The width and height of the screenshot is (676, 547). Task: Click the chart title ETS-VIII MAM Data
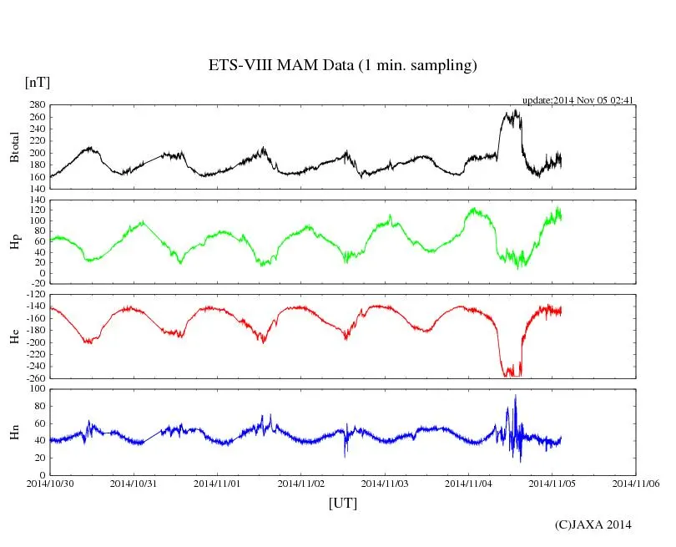click(x=342, y=66)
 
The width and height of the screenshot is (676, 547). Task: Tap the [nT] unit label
click(x=38, y=83)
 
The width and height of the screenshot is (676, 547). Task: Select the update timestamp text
click(x=578, y=100)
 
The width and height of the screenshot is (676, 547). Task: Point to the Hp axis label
click(x=14, y=242)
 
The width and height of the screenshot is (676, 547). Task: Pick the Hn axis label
click(x=14, y=432)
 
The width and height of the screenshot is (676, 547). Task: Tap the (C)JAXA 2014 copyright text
click(x=593, y=524)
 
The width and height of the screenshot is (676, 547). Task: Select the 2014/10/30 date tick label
click(x=50, y=483)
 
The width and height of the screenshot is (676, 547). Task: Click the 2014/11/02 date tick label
click(x=301, y=483)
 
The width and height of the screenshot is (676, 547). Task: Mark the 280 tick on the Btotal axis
click(x=37, y=105)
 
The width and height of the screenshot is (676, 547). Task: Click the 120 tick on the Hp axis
click(x=37, y=210)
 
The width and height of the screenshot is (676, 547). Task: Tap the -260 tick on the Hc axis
click(x=34, y=377)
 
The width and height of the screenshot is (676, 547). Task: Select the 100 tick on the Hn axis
click(x=37, y=389)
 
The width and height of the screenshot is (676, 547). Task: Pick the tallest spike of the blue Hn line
click(x=515, y=396)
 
